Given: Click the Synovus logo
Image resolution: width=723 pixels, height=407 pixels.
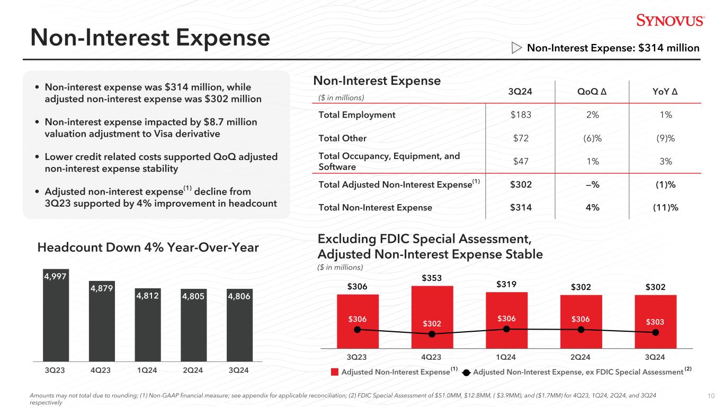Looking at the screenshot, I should (x=670, y=20).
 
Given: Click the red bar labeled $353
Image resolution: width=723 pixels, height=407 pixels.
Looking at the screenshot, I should (x=432, y=316).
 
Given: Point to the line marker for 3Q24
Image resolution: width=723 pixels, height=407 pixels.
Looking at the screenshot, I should (x=656, y=333).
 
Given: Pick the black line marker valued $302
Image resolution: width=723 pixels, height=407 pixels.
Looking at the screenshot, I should (x=432, y=334).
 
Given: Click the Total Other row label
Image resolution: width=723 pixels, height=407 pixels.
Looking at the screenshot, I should (x=342, y=138).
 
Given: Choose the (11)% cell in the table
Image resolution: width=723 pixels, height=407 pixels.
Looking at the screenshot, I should (x=666, y=208).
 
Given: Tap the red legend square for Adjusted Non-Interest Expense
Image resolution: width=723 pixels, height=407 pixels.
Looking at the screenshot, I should (x=335, y=372).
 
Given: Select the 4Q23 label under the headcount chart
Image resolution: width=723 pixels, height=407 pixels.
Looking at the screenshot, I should (x=101, y=369).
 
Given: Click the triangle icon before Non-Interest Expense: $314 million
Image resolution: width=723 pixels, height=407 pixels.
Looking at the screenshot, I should (x=516, y=48).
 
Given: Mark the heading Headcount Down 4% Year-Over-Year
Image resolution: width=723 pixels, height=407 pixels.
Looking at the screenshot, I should (x=148, y=247).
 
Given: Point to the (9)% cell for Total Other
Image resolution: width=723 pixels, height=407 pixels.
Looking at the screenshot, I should (x=666, y=138).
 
